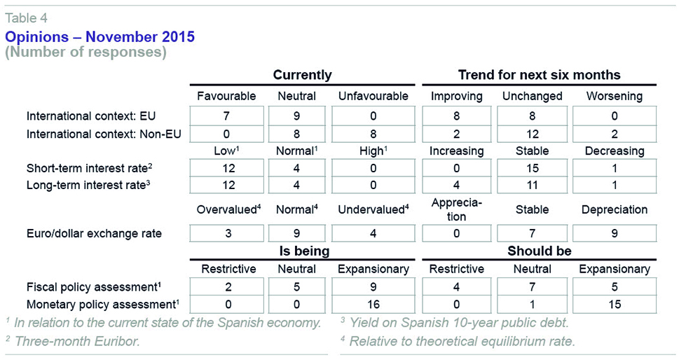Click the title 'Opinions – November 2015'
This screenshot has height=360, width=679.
pos(100,37)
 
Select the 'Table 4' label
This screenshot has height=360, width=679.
pos(27,18)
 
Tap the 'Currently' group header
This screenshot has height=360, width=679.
pos(302,75)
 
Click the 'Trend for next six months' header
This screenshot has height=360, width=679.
pos(539,75)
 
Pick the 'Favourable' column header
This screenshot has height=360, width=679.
pos(226,96)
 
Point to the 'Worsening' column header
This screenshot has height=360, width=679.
pos(615,96)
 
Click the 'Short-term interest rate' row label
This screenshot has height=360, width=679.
pos(89,168)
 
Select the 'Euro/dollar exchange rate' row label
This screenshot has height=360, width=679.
pos(94,234)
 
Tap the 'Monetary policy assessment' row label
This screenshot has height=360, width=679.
pos(103,304)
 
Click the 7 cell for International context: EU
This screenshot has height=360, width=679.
pos(226,116)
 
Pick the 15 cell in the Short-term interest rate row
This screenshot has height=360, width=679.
pos(533,168)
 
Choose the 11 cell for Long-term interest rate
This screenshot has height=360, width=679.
pos(533,185)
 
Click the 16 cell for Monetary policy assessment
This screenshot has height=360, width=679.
pos(373,304)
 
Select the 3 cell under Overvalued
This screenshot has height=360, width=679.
pos(228,234)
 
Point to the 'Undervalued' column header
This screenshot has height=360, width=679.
pos(373,209)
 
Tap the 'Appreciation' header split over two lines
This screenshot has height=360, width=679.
pos(456,209)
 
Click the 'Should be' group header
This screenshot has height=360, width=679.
pos(539,251)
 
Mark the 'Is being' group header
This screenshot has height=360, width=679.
pos(304,251)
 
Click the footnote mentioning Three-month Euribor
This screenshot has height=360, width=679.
pos(73,341)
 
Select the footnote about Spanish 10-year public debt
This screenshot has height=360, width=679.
pos(454,322)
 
